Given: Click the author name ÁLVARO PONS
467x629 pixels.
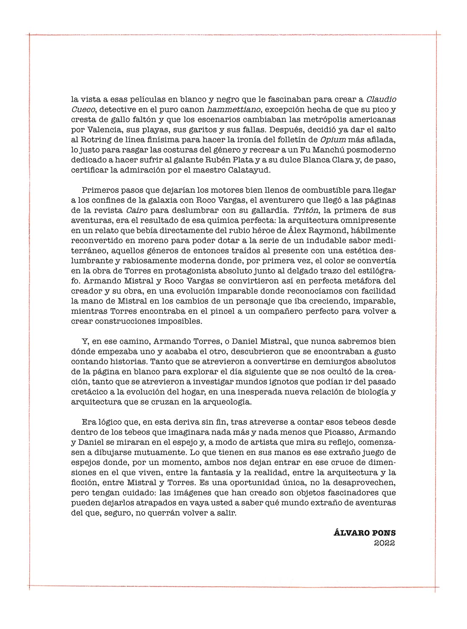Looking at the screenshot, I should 364,533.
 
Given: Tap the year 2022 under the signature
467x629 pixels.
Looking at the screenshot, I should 384,543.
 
